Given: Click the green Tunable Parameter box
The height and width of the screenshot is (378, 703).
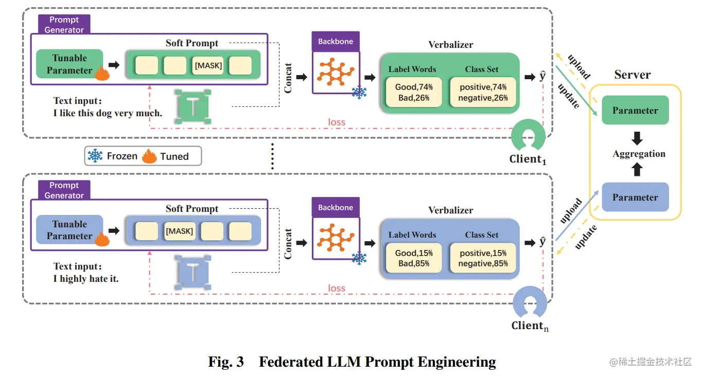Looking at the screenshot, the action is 69,64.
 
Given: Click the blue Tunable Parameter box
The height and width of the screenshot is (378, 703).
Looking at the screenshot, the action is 69,229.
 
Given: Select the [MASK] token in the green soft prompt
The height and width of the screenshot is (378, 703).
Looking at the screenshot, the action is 208,65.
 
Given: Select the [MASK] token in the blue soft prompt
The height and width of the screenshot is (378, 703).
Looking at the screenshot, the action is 180,231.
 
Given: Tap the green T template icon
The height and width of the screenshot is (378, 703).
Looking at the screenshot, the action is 193,106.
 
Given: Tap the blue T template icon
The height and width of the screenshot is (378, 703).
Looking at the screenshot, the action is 193,272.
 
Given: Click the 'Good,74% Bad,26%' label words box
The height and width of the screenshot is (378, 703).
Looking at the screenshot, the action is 414,92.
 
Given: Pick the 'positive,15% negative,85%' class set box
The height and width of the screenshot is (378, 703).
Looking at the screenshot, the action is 483,258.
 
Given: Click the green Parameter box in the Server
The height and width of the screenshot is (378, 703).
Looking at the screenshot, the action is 635,110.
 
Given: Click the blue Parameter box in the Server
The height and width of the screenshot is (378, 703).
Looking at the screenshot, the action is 635,197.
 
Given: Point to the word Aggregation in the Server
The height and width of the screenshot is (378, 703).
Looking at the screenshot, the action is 639,154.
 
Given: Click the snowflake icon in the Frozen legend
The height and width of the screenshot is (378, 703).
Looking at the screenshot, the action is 95,156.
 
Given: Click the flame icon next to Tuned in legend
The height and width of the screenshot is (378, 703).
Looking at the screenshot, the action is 149,156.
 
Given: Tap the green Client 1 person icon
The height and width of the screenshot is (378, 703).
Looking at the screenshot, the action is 528,135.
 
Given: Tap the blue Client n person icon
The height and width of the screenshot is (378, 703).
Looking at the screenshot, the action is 530,302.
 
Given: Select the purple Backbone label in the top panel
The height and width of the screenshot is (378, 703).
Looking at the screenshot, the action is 336,42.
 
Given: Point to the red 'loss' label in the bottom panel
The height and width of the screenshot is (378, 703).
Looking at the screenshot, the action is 337,288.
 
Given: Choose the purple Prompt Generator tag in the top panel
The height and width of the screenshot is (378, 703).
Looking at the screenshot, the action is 64,25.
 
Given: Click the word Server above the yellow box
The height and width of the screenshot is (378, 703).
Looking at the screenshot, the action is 632,75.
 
